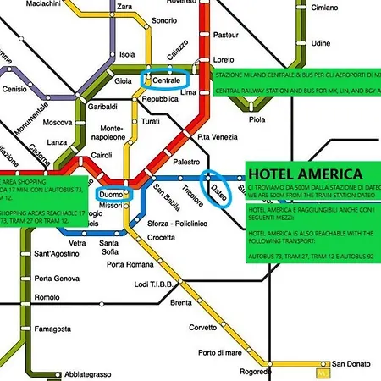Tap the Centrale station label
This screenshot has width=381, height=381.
coord(172,80)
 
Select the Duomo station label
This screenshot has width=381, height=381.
coord(112,195)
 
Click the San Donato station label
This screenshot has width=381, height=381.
coord(351,363)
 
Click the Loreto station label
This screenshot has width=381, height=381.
coord(224,60)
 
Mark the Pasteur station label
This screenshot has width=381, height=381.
coord(227,36)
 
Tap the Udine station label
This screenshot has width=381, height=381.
coord(321,42)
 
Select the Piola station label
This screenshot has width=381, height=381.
coord(257,119)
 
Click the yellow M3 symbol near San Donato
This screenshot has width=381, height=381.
coord(320,372)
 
